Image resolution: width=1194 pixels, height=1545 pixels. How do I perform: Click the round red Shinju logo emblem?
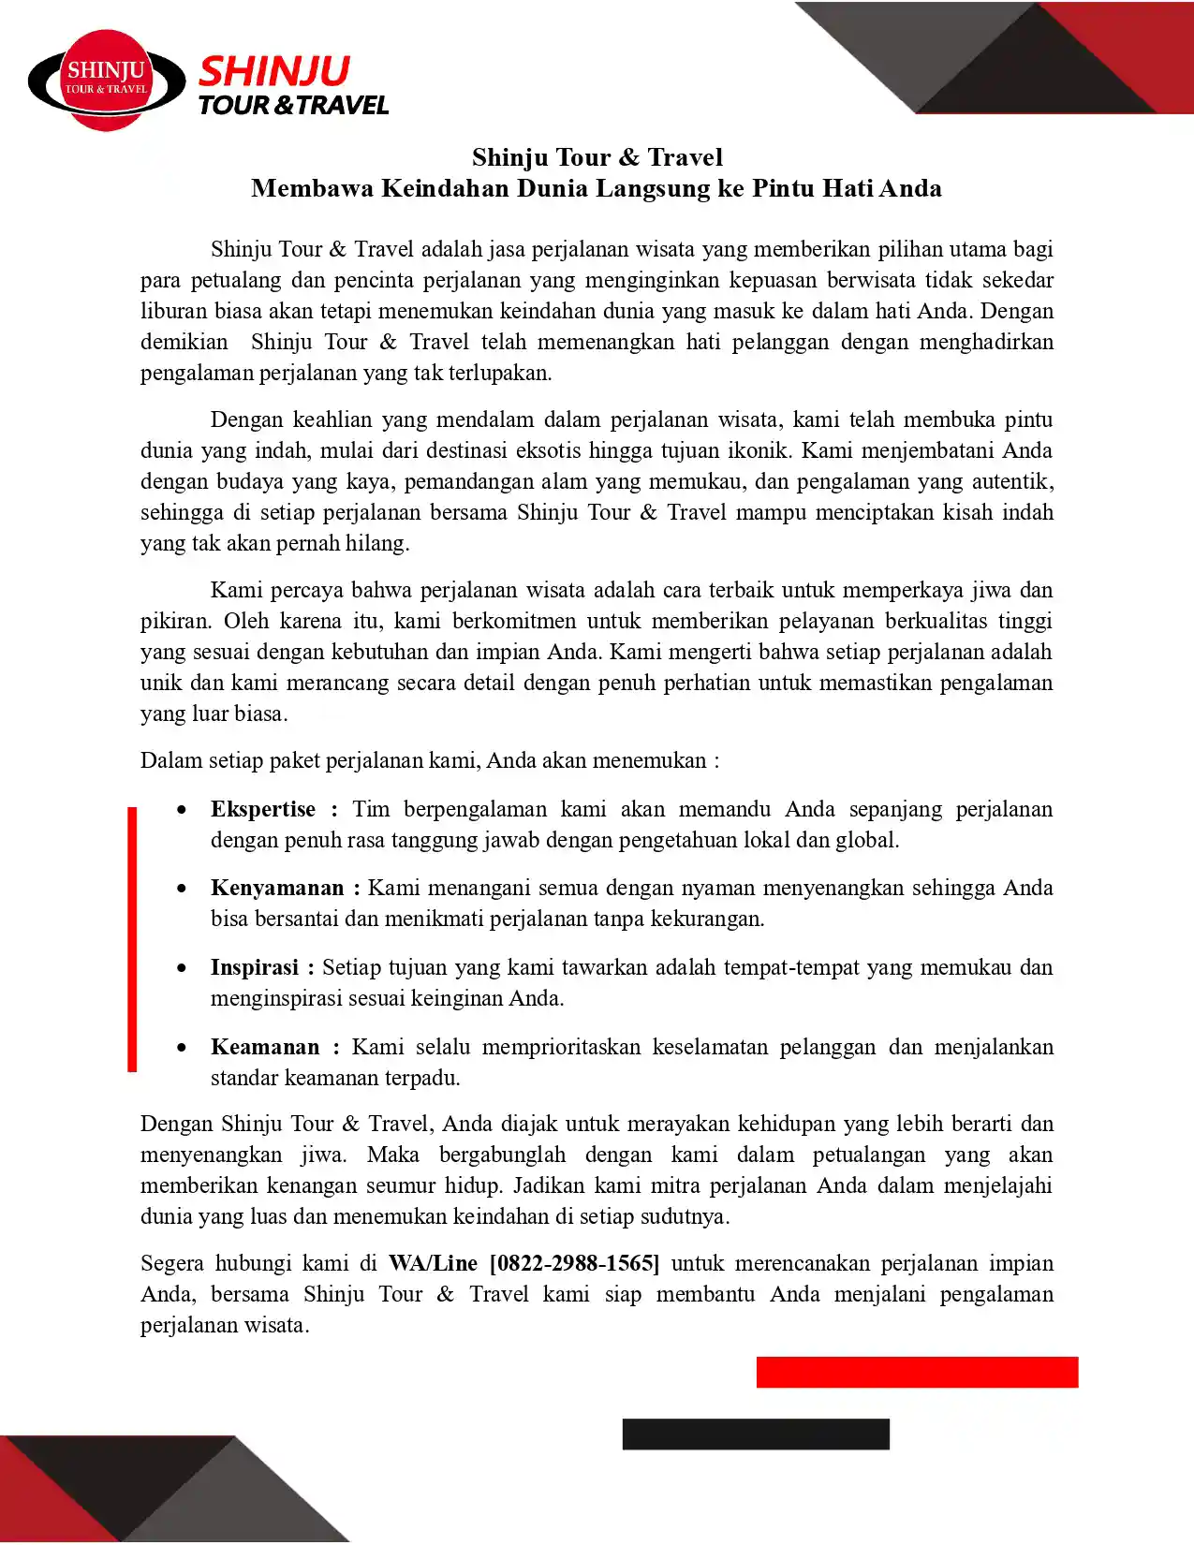pos(107,81)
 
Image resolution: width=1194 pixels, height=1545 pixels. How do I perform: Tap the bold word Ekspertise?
pos(262,809)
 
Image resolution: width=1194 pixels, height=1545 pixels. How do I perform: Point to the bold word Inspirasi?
pos(254,967)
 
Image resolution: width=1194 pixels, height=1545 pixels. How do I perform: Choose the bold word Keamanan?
pos(264,1047)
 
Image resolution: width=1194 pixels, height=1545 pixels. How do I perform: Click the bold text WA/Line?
pos(433,1263)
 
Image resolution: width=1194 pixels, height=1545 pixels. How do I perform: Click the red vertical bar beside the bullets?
pos(132,938)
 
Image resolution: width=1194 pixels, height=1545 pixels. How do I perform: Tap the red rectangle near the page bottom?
pos(917,1372)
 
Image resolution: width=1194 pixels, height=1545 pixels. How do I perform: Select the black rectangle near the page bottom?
pos(756,1434)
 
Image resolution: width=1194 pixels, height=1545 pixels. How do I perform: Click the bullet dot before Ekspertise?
pos(182,809)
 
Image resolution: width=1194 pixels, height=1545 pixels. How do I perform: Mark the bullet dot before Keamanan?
pos(182,1047)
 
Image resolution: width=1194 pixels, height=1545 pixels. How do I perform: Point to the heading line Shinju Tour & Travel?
pos(597,156)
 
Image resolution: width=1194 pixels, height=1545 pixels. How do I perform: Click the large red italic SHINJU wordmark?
pos(274,71)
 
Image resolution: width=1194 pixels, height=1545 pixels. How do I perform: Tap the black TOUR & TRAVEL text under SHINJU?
pos(293,105)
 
